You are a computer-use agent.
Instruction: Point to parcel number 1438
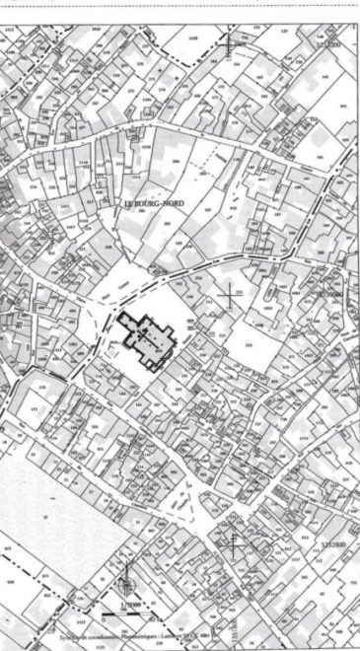coord(193,37)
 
